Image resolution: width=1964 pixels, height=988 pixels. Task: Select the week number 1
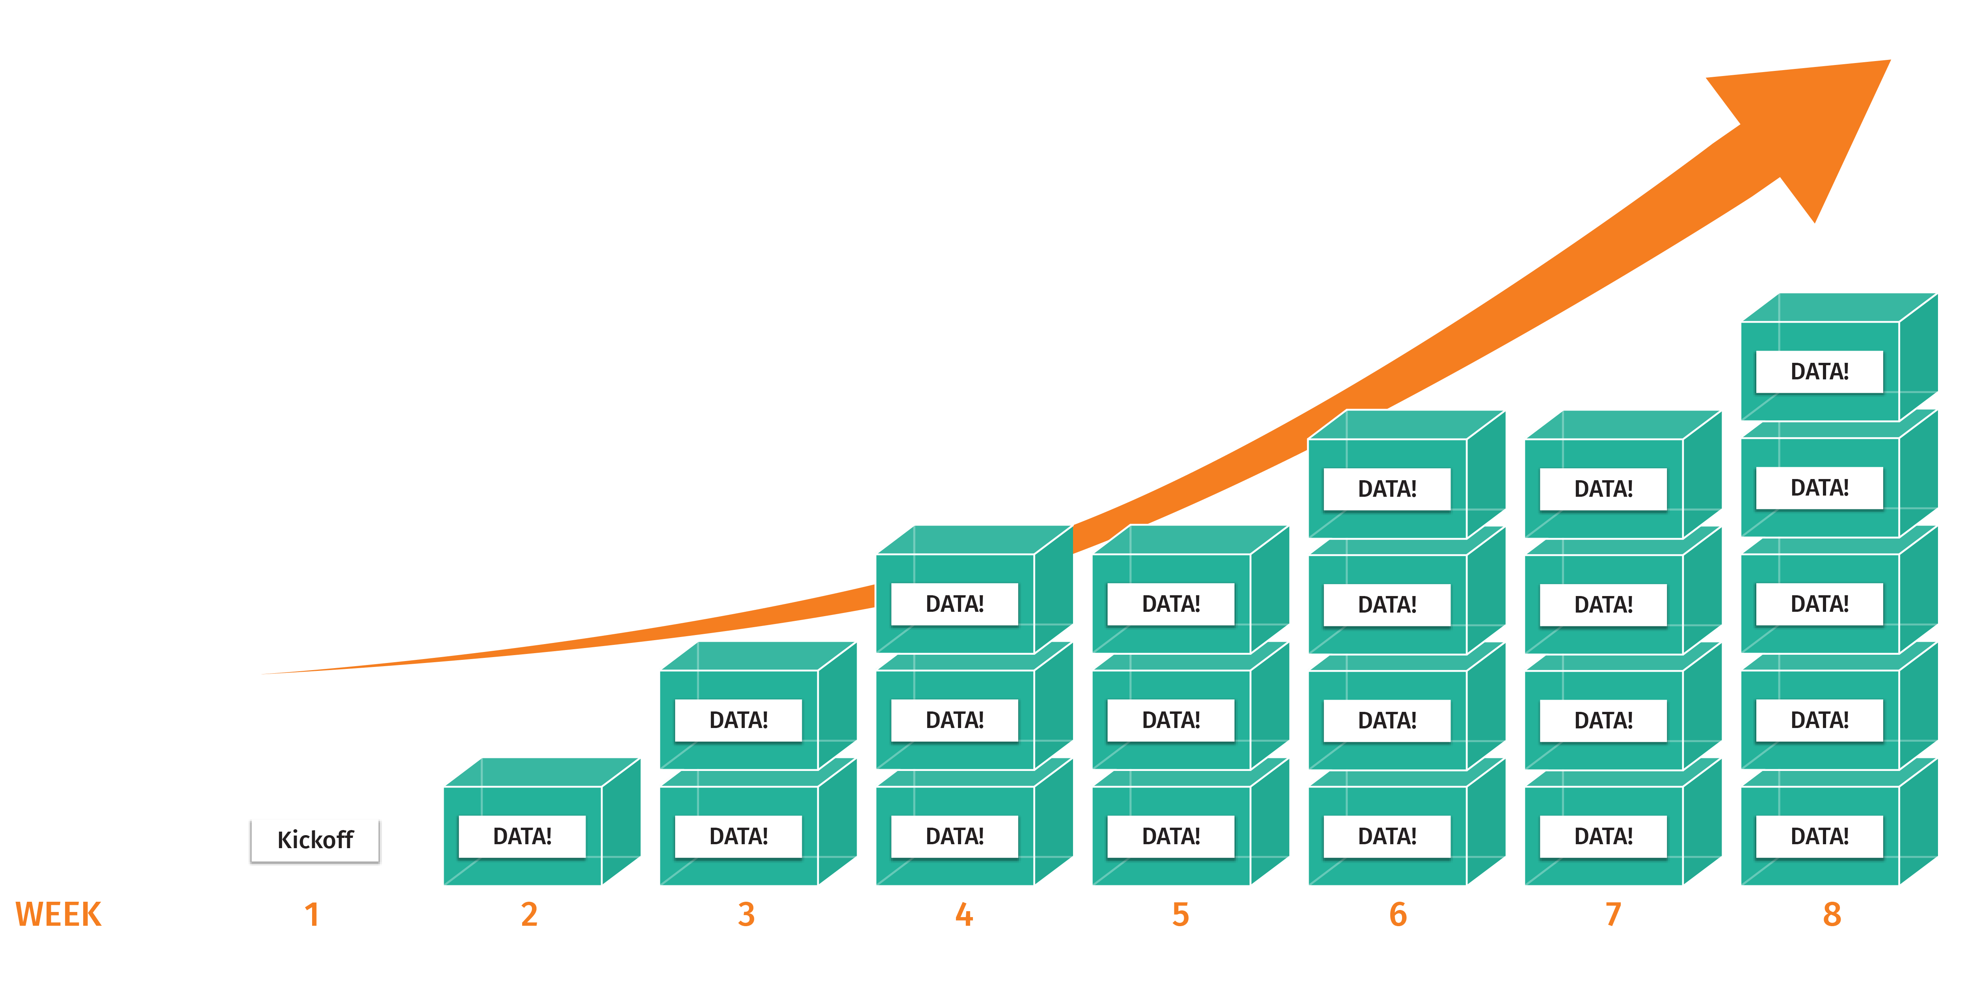coord(312,914)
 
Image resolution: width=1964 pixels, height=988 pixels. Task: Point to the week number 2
coord(529,914)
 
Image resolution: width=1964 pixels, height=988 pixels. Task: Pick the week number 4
coord(964,914)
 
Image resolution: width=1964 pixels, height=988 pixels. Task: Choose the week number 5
coord(1180,914)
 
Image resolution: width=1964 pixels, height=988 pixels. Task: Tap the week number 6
coord(1397,914)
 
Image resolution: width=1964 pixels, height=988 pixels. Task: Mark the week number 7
coord(1613,914)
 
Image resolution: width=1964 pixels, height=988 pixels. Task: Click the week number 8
coord(1831,914)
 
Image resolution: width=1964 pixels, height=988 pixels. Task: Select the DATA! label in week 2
coord(522,836)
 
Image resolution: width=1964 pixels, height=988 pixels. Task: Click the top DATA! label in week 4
coord(954,604)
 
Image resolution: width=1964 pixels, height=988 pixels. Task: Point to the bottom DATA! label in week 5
coord(1171,836)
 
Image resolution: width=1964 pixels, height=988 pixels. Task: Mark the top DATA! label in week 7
coord(1603,488)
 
